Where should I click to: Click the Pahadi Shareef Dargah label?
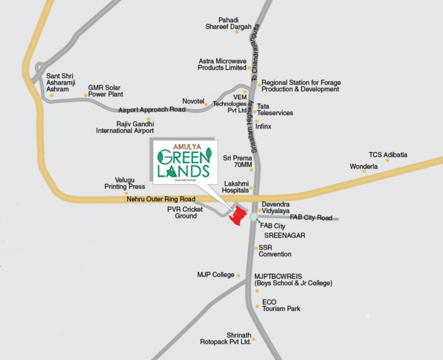[x=228, y=23]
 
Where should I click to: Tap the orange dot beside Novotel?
[x=205, y=104]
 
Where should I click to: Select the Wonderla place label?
[x=364, y=166]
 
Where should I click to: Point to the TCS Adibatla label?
[x=388, y=155]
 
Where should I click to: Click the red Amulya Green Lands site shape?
[x=238, y=216]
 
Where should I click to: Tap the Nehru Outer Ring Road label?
[x=161, y=199]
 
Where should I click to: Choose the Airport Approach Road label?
[x=151, y=110]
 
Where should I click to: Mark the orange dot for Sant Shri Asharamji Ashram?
[x=52, y=96]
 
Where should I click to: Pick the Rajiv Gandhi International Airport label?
[x=125, y=127]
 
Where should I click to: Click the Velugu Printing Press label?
[x=124, y=183]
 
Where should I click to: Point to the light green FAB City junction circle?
[x=254, y=217]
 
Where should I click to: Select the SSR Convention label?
[x=275, y=251]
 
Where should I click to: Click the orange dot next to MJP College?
[x=238, y=276]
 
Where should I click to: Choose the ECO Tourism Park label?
[x=281, y=305]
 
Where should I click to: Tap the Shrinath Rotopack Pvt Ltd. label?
[x=226, y=338]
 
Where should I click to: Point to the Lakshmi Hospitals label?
[x=236, y=187]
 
